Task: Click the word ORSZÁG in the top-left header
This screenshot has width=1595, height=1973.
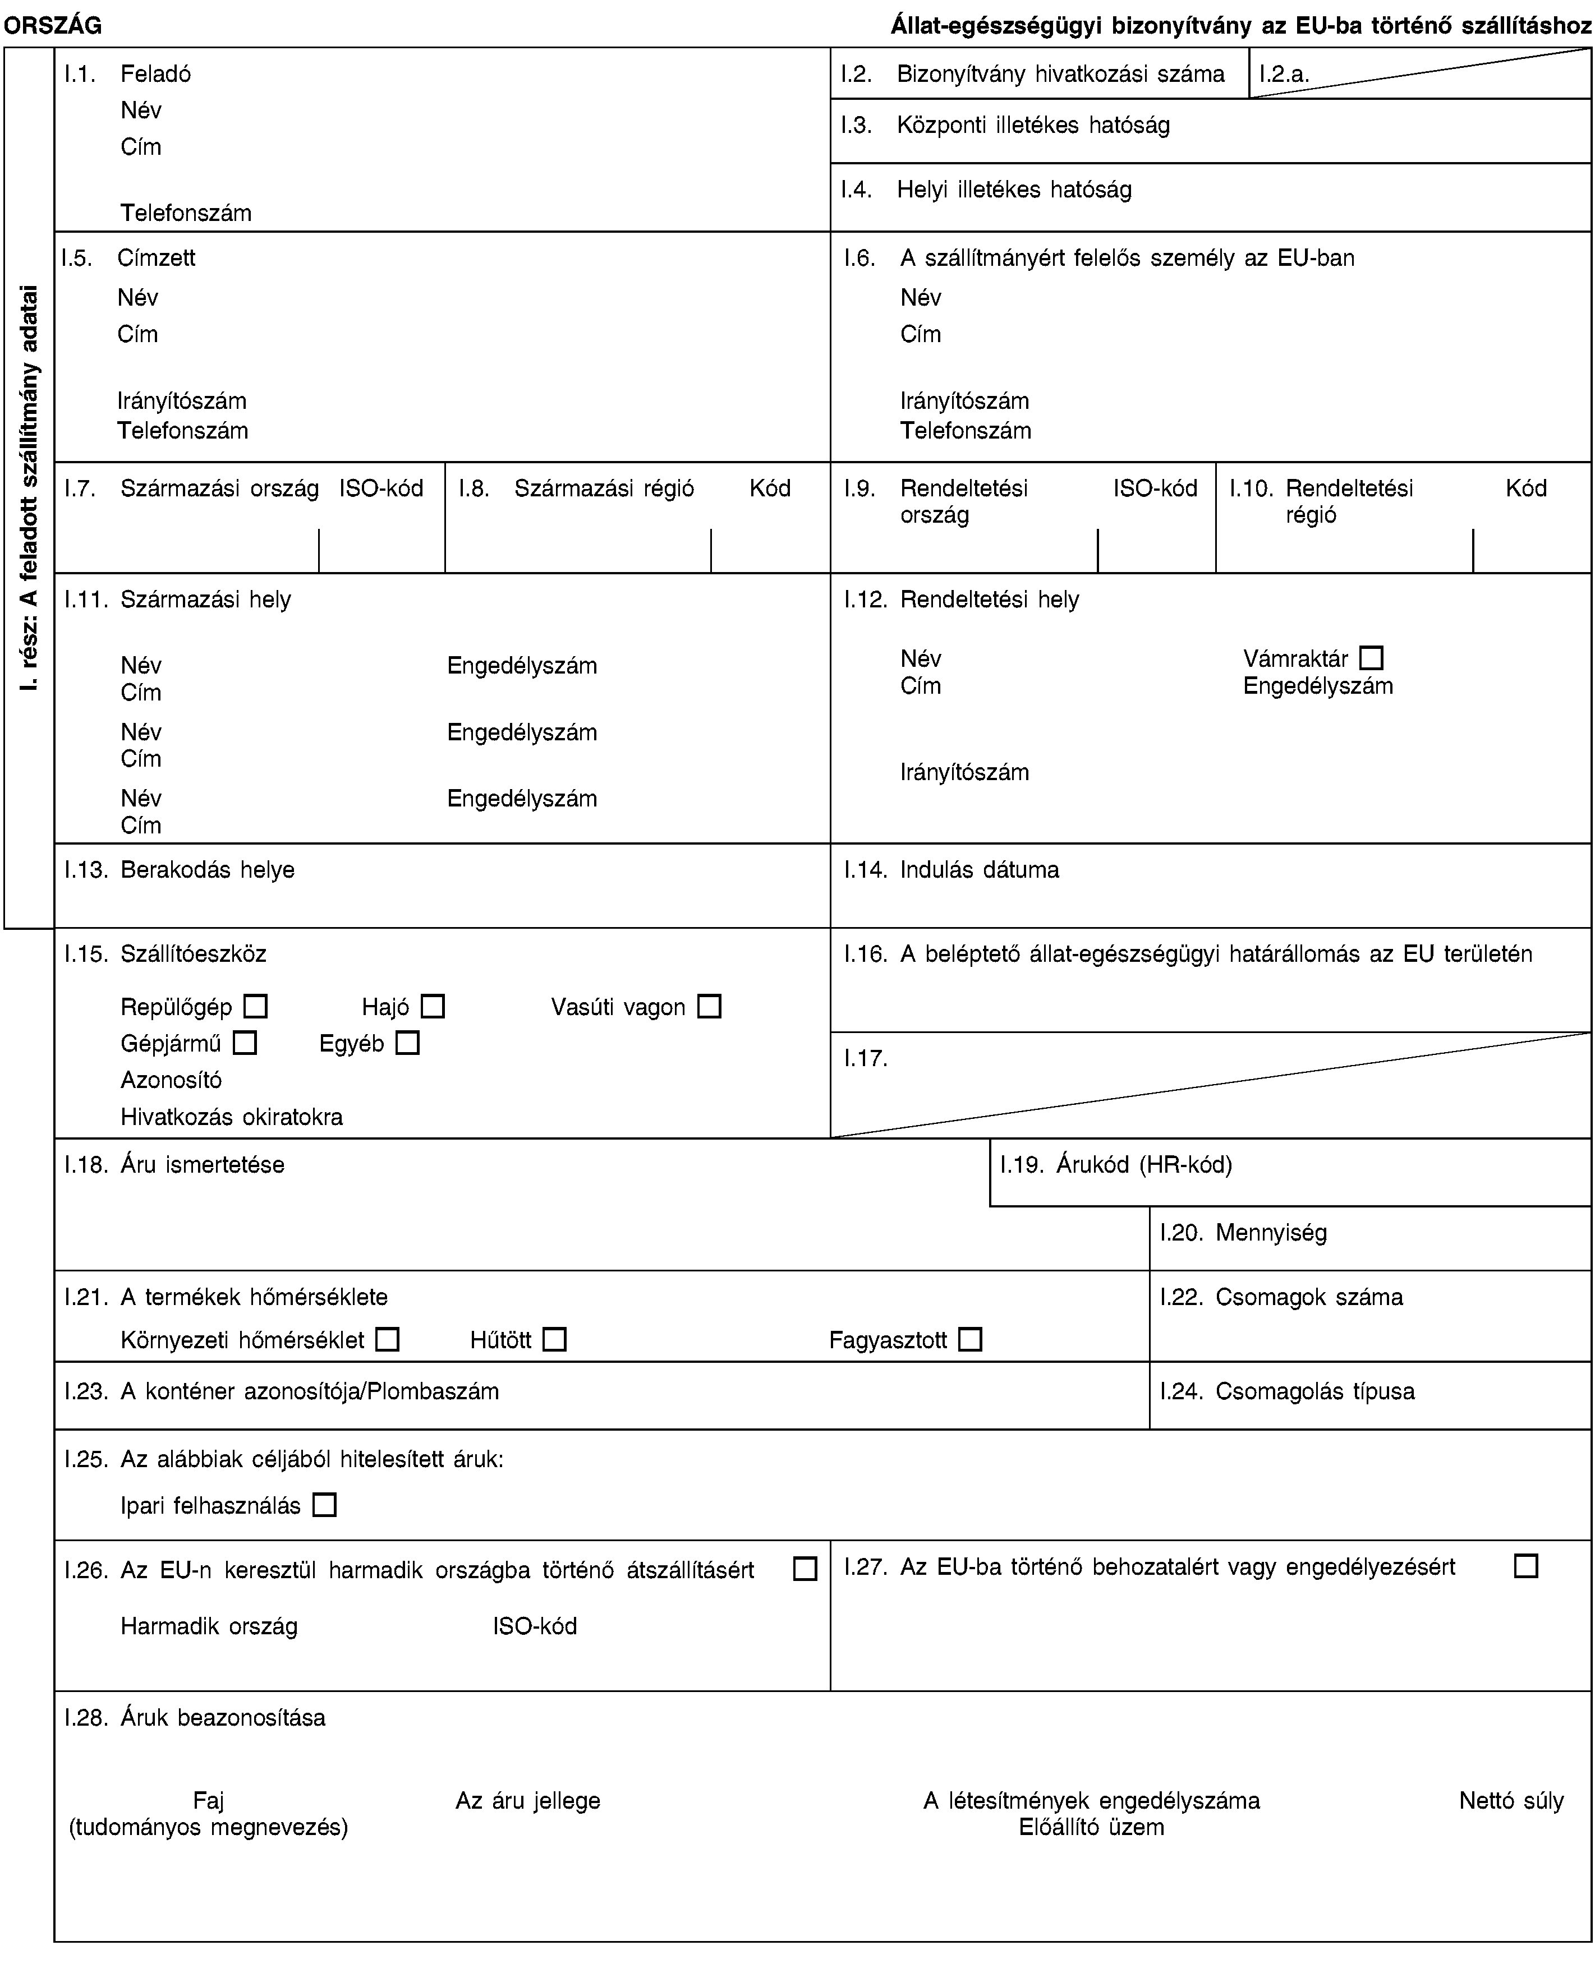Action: click(x=52, y=26)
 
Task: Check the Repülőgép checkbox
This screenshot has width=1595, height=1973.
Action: click(x=255, y=1007)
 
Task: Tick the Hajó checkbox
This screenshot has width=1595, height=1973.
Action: click(x=433, y=1007)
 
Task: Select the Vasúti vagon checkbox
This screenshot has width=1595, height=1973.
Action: click(x=709, y=1007)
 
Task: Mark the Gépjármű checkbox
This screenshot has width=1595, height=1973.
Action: click(x=245, y=1044)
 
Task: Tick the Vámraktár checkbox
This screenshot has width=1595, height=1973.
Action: click(x=1371, y=658)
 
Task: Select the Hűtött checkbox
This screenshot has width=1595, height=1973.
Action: click(x=554, y=1339)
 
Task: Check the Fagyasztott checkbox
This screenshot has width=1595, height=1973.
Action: click(x=970, y=1339)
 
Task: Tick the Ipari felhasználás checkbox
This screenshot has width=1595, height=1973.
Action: click(x=324, y=1505)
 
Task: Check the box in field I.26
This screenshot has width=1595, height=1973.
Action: click(x=805, y=1569)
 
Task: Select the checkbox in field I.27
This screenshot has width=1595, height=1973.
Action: click(x=1526, y=1565)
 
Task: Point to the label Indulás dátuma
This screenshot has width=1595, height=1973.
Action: click(x=980, y=870)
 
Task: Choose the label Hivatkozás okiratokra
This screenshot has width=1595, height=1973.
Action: click(x=232, y=1117)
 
